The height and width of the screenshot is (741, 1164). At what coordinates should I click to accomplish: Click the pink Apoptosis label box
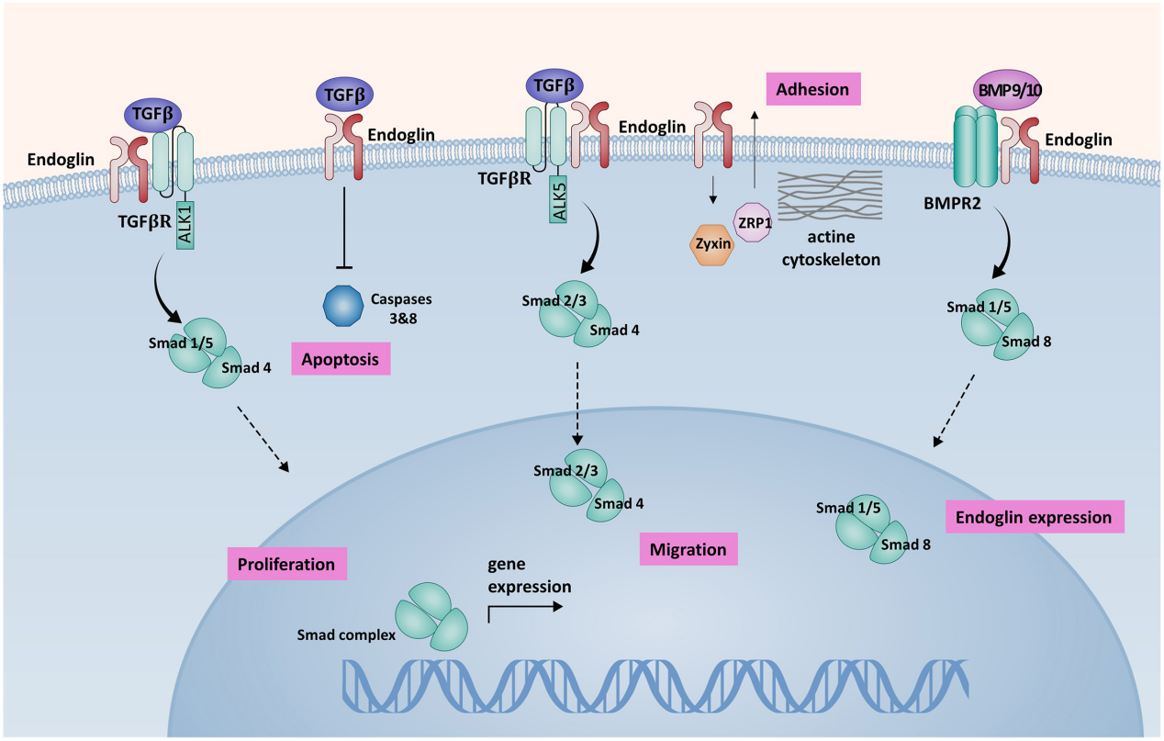coord(341,359)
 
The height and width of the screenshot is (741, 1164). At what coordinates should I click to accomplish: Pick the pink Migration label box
coord(688,549)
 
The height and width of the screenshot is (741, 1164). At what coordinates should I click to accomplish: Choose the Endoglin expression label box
coord(1034,517)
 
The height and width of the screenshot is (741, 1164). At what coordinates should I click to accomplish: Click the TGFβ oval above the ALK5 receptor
coord(556,85)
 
